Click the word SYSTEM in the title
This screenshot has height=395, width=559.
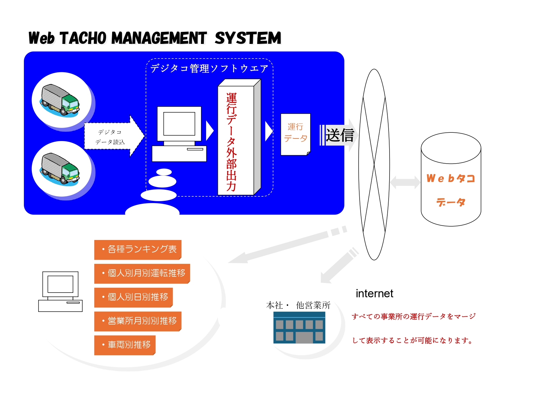[x=248, y=39]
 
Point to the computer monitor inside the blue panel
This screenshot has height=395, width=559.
[x=179, y=124]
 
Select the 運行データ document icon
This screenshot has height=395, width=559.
[x=295, y=134]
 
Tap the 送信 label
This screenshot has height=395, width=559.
[x=340, y=135]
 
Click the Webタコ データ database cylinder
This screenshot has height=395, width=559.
[x=451, y=180]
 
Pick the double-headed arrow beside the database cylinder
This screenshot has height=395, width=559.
[x=405, y=182]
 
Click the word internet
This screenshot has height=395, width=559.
[x=374, y=293]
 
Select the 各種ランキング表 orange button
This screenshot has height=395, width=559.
[x=138, y=249]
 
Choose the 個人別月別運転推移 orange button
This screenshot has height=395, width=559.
[x=142, y=273]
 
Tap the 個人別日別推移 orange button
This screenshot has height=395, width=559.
[x=133, y=297]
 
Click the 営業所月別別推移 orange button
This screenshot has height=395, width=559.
[x=138, y=321]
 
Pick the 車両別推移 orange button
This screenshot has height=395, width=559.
[x=125, y=345]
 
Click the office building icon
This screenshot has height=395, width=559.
[x=299, y=328]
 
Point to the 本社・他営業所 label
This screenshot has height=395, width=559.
[x=298, y=305]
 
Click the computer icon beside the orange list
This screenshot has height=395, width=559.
[x=60, y=291]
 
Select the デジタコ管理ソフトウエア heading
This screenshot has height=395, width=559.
[x=209, y=68]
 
